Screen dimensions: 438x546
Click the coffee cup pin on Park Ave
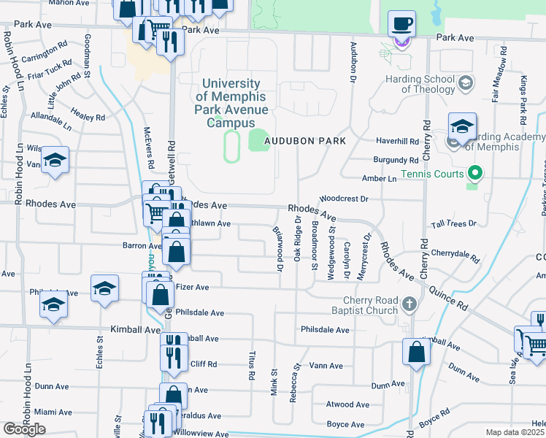point(401,23)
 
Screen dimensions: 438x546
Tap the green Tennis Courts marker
point(476,174)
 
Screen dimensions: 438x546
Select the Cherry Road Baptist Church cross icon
point(409,303)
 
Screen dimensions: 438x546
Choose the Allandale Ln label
point(51,121)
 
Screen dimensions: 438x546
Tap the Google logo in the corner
point(24,430)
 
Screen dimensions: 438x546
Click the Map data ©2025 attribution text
point(515,432)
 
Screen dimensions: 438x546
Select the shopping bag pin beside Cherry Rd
point(415,352)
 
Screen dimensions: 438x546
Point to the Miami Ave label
point(53,412)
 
